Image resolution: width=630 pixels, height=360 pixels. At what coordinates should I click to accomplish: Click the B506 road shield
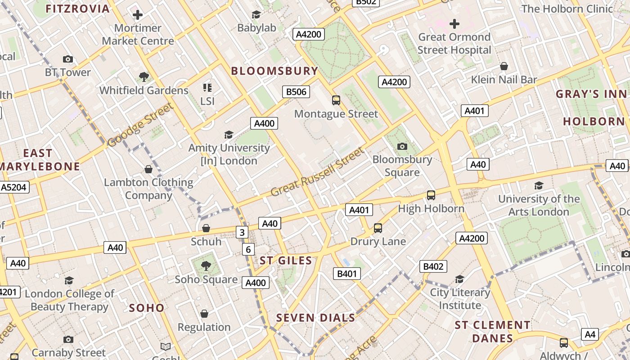tap(296, 92)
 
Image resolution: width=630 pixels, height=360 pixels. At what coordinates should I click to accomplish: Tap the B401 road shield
tap(347, 274)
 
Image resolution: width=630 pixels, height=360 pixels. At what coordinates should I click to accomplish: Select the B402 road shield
tap(433, 266)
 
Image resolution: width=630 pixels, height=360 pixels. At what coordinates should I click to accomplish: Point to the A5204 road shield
tap(14, 187)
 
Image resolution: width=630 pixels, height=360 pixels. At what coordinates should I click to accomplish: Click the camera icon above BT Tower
tap(68, 59)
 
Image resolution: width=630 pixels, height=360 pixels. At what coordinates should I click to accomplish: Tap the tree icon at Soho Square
tap(206, 266)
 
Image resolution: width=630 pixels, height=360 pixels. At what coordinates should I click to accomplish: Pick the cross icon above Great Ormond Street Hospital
tap(454, 23)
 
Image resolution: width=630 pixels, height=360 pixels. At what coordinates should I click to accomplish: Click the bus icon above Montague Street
tap(336, 100)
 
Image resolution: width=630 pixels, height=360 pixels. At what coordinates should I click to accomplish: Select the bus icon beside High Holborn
tap(431, 195)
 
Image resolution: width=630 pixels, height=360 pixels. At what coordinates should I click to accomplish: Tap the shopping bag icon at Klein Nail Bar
tap(504, 67)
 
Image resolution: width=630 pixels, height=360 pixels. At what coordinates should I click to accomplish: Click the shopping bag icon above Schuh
tap(206, 229)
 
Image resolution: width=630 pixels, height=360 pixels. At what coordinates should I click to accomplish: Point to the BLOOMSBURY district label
tap(274, 71)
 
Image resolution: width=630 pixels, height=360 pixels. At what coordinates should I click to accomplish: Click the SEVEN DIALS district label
tap(315, 318)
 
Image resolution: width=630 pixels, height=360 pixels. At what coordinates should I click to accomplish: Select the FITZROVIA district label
tap(77, 9)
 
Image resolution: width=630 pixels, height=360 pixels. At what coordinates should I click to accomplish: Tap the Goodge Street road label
tap(140, 125)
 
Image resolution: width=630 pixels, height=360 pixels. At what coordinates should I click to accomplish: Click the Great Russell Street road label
tap(317, 172)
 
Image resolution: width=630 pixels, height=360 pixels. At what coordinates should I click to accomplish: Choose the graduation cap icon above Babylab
tap(256, 15)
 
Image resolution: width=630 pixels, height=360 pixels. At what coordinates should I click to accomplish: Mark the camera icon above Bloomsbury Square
tap(402, 146)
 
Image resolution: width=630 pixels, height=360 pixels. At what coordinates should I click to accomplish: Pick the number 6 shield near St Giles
tap(248, 249)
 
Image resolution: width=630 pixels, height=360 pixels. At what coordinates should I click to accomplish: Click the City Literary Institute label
tap(460, 299)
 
